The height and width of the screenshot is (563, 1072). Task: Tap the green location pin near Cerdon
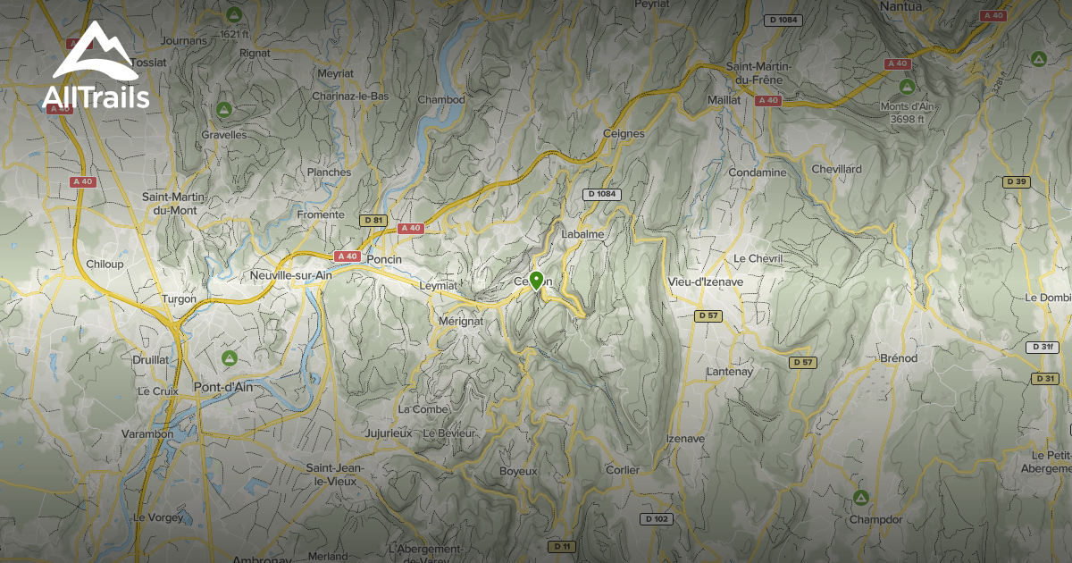(x=536, y=281)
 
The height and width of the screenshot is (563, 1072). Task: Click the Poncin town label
(x=385, y=259)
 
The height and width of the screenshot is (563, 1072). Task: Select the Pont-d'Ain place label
(x=223, y=388)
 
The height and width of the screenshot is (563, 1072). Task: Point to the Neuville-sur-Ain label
(x=291, y=276)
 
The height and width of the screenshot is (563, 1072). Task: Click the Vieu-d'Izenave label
(x=706, y=281)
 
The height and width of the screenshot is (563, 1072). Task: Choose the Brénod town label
(x=899, y=358)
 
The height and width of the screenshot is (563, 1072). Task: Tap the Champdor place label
(x=875, y=519)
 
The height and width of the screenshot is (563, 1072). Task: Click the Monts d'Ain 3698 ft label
(x=907, y=113)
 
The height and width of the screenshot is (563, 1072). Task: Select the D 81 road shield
(x=373, y=220)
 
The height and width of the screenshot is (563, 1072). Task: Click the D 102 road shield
(x=657, y=519)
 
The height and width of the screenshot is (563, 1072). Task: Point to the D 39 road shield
(x=1016, y=181)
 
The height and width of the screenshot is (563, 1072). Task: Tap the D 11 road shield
(x=561, y=546)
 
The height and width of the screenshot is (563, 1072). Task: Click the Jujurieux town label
(x=389, y=433)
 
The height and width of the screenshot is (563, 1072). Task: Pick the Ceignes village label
(x=624, y=133)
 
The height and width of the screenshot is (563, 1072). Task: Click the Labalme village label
(x=583, y=234)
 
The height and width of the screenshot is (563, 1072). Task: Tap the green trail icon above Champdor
(x=860, y=497)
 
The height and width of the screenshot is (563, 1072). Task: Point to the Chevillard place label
(x=837, y=169)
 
